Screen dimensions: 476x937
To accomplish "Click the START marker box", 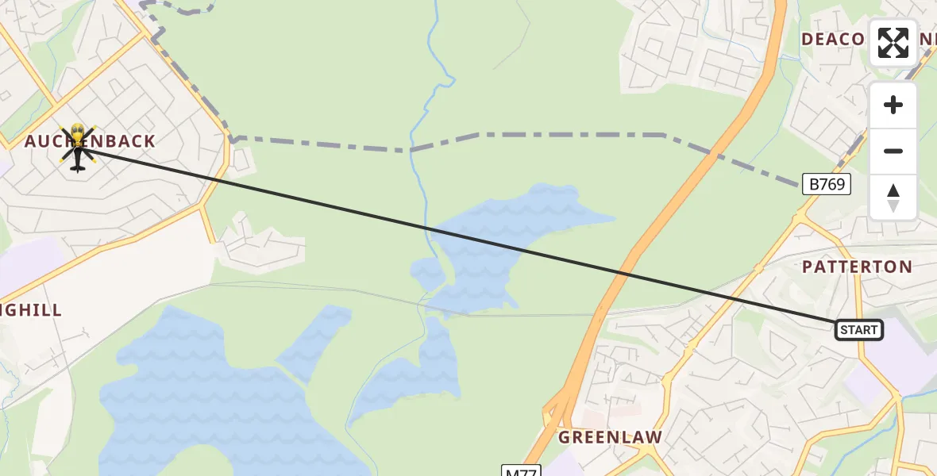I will point(859,329).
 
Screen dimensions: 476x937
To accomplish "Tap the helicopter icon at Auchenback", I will point(77,148).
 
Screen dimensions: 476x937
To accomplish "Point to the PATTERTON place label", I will point(857,267).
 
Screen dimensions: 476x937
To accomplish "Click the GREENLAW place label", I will point(610,437).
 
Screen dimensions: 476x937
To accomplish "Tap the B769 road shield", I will point(826,185).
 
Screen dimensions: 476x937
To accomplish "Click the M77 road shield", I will point(522,471).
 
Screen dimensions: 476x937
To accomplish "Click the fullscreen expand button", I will point(893,43).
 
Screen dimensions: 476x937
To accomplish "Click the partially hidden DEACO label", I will point(832,40).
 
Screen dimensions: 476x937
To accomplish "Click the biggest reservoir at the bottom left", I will point(199,397).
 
